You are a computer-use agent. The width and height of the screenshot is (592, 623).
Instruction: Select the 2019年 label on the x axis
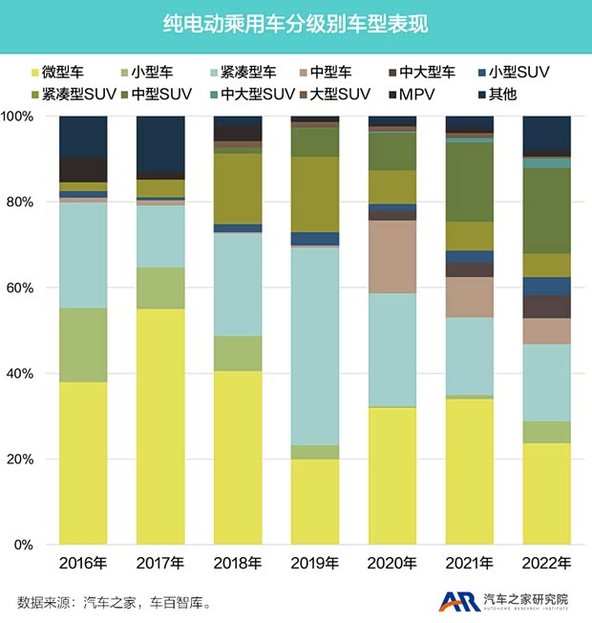point(314,563)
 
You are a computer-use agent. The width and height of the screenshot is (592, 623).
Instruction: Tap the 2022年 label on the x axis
point(546,563)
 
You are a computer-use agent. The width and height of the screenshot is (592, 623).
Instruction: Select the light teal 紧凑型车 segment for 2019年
point(315,344)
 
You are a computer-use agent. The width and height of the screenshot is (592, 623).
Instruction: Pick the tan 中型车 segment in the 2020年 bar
point(392,256)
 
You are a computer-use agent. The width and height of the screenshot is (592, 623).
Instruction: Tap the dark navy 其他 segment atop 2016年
point(83,136)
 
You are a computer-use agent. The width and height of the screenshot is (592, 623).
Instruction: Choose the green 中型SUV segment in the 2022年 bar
point(546,210)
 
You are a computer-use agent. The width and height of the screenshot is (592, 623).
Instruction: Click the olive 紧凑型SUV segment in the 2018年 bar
point(238,187)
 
